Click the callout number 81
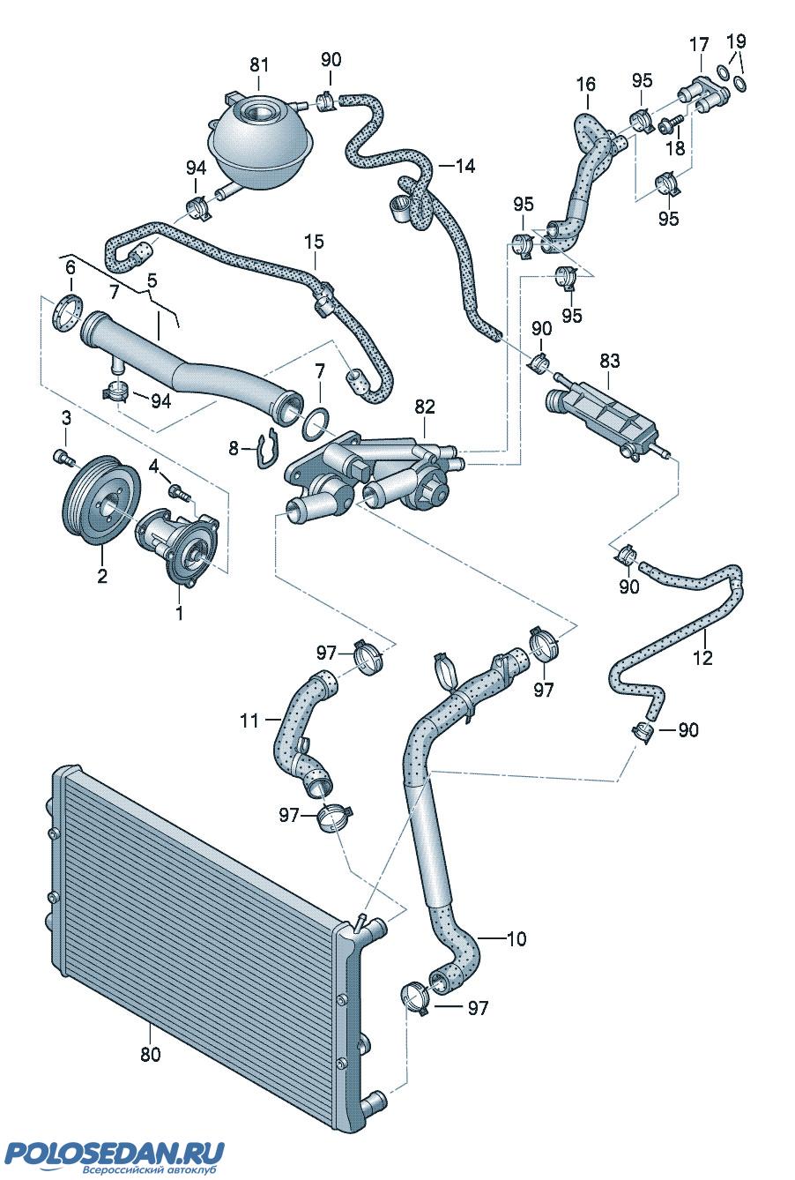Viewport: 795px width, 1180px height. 258,64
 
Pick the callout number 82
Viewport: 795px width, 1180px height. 425,407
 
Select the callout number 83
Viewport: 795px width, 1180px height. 609,361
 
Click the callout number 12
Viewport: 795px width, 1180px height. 702,657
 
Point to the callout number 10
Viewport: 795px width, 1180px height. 516,939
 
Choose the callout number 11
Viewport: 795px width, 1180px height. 249,721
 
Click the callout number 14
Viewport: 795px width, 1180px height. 464,165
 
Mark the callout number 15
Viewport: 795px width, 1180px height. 314,241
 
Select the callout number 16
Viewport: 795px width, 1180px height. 586,85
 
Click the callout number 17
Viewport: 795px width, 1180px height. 699,44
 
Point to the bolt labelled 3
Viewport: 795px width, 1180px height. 62,457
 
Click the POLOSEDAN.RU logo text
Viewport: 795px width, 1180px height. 115,1154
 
